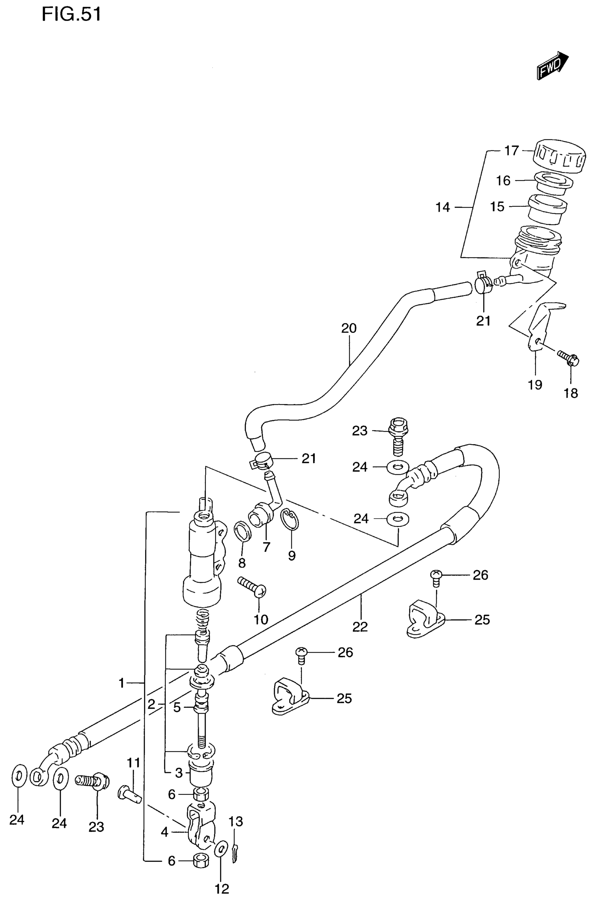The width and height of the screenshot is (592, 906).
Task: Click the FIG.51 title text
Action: tap(71, 15)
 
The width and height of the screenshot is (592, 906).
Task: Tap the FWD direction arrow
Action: tap(552, 66)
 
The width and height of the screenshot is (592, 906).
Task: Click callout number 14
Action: tap(443, 208)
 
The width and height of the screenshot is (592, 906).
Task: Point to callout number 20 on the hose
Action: tap(349, 328)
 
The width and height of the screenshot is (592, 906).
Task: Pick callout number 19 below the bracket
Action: tap(535, 385)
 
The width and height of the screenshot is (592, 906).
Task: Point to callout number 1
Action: tap(122, 683)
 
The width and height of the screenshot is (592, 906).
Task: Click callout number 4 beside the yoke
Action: tap(164, 832)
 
